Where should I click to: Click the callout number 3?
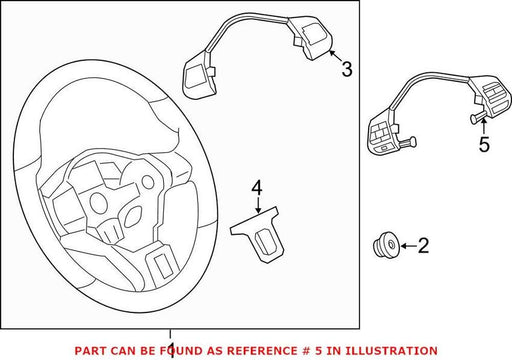point(347,69)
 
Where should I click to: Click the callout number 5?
point(484,144)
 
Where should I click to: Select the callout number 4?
point(257,188)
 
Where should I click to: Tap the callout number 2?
point(423,246)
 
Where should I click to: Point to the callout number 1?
point(171,350)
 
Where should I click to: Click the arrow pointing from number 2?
point(408,246)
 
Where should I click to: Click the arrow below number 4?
point(258,204)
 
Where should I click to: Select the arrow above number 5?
point(483,126)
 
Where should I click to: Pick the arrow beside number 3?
point(336,56)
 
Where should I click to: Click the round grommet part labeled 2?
point(386,245)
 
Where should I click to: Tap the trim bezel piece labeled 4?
point(258,234)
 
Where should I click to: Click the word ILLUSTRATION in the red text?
point(391,351)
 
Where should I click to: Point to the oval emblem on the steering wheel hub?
point(134,214)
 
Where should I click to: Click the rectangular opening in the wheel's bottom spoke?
point(162,266)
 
